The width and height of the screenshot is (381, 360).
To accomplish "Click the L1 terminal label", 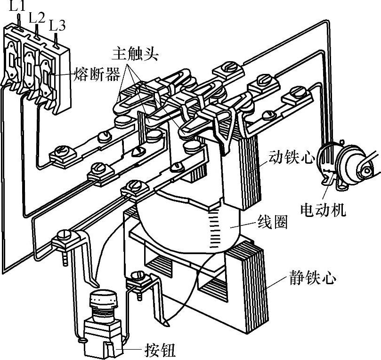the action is (17, 7).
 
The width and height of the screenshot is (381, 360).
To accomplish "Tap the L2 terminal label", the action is (37, 18).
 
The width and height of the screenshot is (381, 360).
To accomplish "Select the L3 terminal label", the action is (57, 26).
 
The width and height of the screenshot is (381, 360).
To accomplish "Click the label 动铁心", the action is (292, 157).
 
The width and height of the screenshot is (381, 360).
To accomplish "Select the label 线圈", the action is (273, 222).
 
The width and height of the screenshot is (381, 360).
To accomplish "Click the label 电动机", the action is (323, 210).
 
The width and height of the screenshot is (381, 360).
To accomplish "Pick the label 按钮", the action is (160, 350).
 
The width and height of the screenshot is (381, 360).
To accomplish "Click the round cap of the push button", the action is (103, 298).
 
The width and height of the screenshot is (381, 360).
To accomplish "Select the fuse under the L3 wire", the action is (46, 77).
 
